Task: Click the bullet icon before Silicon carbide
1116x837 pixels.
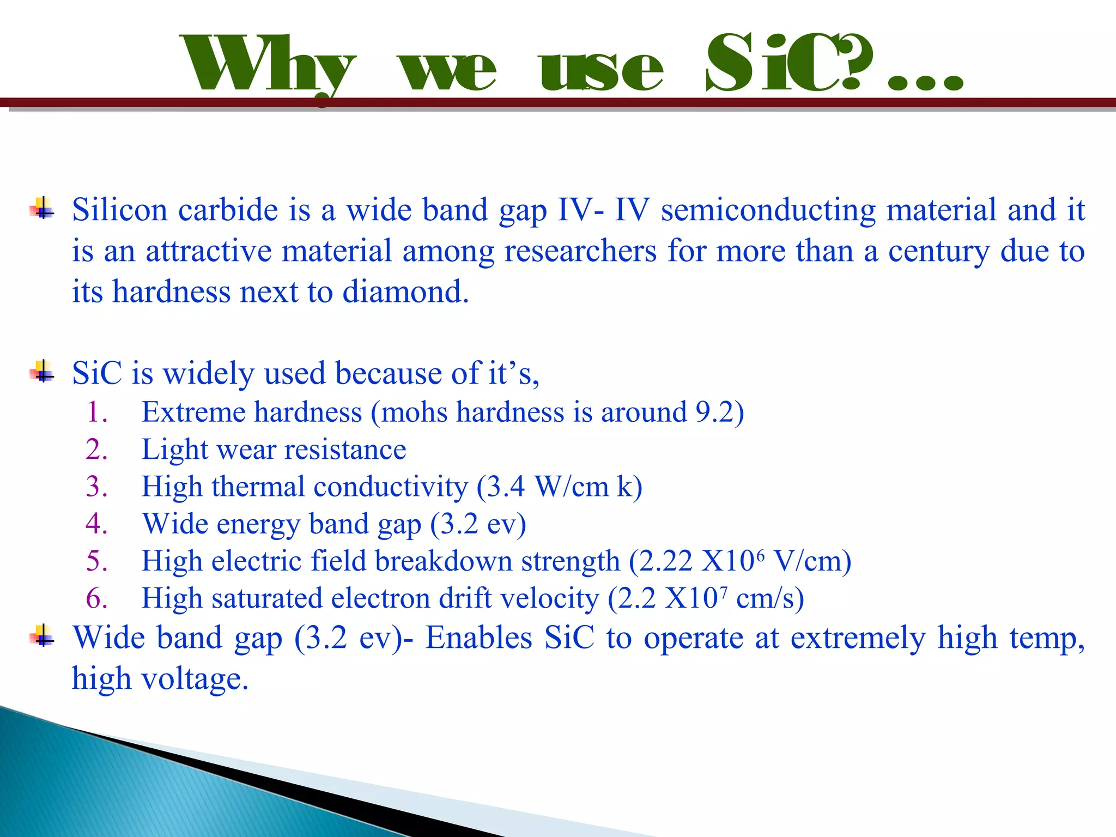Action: (43, 209)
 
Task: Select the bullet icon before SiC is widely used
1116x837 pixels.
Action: (43, 373)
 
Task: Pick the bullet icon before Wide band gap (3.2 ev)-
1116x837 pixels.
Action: (43, 636)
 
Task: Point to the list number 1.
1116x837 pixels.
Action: (96, 413)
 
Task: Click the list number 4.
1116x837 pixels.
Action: (96, 524)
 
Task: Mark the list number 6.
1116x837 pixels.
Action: (96, 599)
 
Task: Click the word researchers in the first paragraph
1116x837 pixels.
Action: (580, 251)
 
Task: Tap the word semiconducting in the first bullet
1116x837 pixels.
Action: (768, 210)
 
